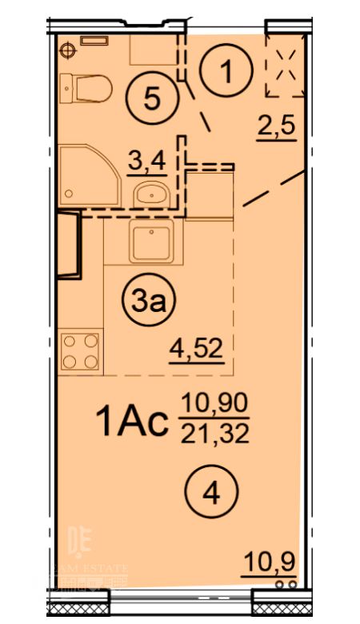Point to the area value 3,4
[x=147, y=161]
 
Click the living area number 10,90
[x=214, y=403]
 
